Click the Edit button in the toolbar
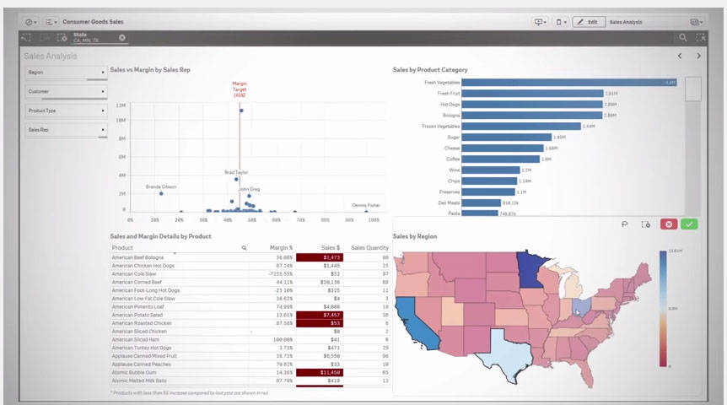tap(588, 22)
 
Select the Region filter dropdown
tap(66, 73)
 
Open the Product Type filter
tap(66, 111)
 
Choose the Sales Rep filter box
tap(66, 130)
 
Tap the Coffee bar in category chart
tap(500, 159)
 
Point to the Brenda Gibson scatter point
tap(161, 194)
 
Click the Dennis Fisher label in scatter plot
tap(365, 205)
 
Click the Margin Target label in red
tap(240, 90)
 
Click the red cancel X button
tap(668, 224)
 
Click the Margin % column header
tap(280, 248)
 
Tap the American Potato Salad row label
tap(140, 314)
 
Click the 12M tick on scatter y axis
tap(121, 105)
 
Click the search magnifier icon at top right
tap(682, 38)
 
